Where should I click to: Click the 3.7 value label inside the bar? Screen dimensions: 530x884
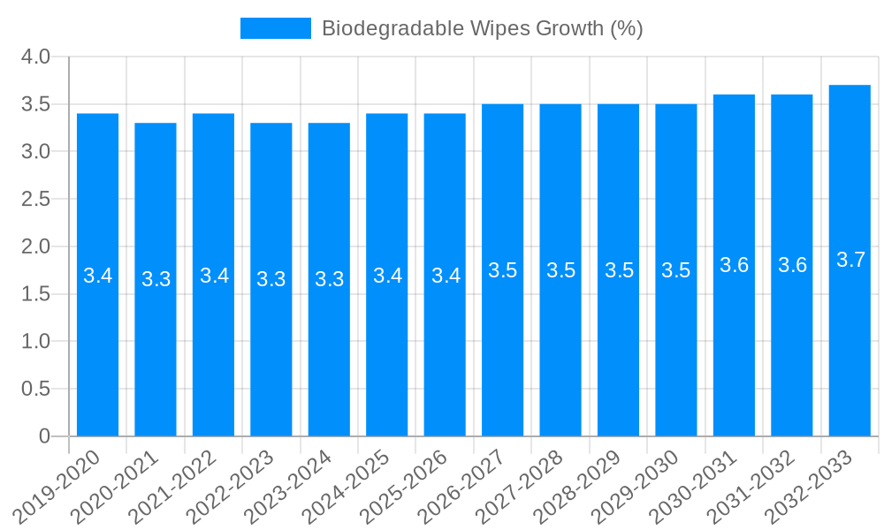click(x=850, y=260)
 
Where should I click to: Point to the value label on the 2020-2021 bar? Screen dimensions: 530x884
click(x=156, y=279)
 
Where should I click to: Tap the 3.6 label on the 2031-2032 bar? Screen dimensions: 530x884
click(x=792, y=265)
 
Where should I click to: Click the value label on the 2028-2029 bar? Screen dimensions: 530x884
click(x=619, y=270)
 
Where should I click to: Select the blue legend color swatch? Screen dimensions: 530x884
click(x=275, y=28)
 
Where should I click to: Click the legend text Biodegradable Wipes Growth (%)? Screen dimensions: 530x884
click(x=482, y=28)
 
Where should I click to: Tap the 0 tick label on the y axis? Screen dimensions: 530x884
click(x=45, y=436)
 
